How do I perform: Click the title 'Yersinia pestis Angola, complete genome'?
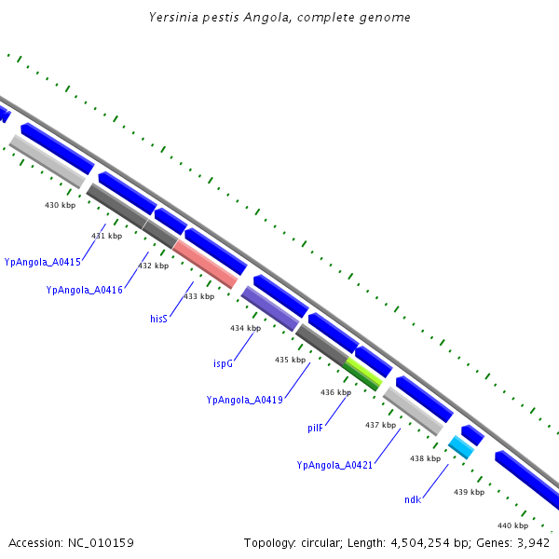pyautogui.click(x=279, y=18)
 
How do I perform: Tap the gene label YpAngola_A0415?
pyautogui.click(x=42, y=262)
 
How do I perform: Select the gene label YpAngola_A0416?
pyautogui.click(x=84, y=291)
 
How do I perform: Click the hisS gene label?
pyautogui.click(x=158, y=319)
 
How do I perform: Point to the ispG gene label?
pyautogui.click(x=223, y=363)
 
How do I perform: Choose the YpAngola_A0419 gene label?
pyautogui.click(x=243, y=400)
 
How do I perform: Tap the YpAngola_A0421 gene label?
pyautogui.click(x=334, y=465)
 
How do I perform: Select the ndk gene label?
pyautogui.click(x=412, y=500)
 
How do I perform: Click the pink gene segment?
pyautogui.click(x=206, y=264)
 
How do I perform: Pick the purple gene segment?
pyautogui.click(x=270, y=308)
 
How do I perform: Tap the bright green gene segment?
pyautogui.click(x=363, y=373)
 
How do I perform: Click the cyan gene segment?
pyautogui.click(x=461, y=447)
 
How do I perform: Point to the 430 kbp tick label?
pyautogui.click(x=61, y=205)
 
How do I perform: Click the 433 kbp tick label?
pyautogui.click(x=198, y=296)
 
